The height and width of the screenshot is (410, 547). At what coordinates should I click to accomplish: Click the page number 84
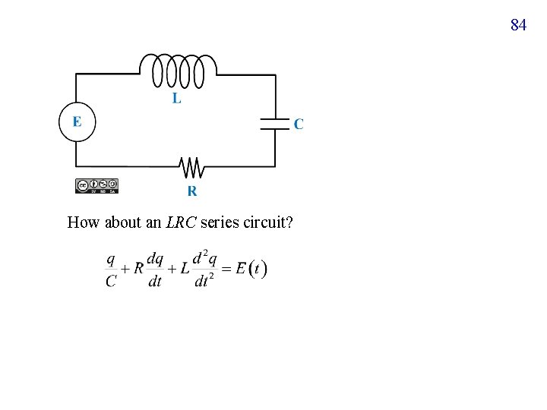tap(518, 25)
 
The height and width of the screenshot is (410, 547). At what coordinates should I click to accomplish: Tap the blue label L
tap(176, 99)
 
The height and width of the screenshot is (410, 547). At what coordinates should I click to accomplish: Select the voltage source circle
tap(77, 122)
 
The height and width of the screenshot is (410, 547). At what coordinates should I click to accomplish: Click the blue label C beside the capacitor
tap(298, 124)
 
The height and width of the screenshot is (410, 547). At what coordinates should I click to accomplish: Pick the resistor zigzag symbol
tap(190, 166)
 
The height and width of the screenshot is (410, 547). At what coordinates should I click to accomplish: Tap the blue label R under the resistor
tap(192, 191)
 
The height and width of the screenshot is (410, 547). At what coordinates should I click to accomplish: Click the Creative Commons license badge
tap(97, 185)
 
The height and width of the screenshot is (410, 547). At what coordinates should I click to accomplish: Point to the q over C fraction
tap(111, 270)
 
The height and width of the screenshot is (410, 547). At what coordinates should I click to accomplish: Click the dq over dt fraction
tap(154, 270)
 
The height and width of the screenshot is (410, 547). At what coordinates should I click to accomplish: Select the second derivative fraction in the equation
tap(202, 270)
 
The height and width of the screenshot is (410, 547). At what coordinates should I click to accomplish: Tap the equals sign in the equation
tap(226, 269)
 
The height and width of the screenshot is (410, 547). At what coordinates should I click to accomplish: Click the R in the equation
tap(138, 268)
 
